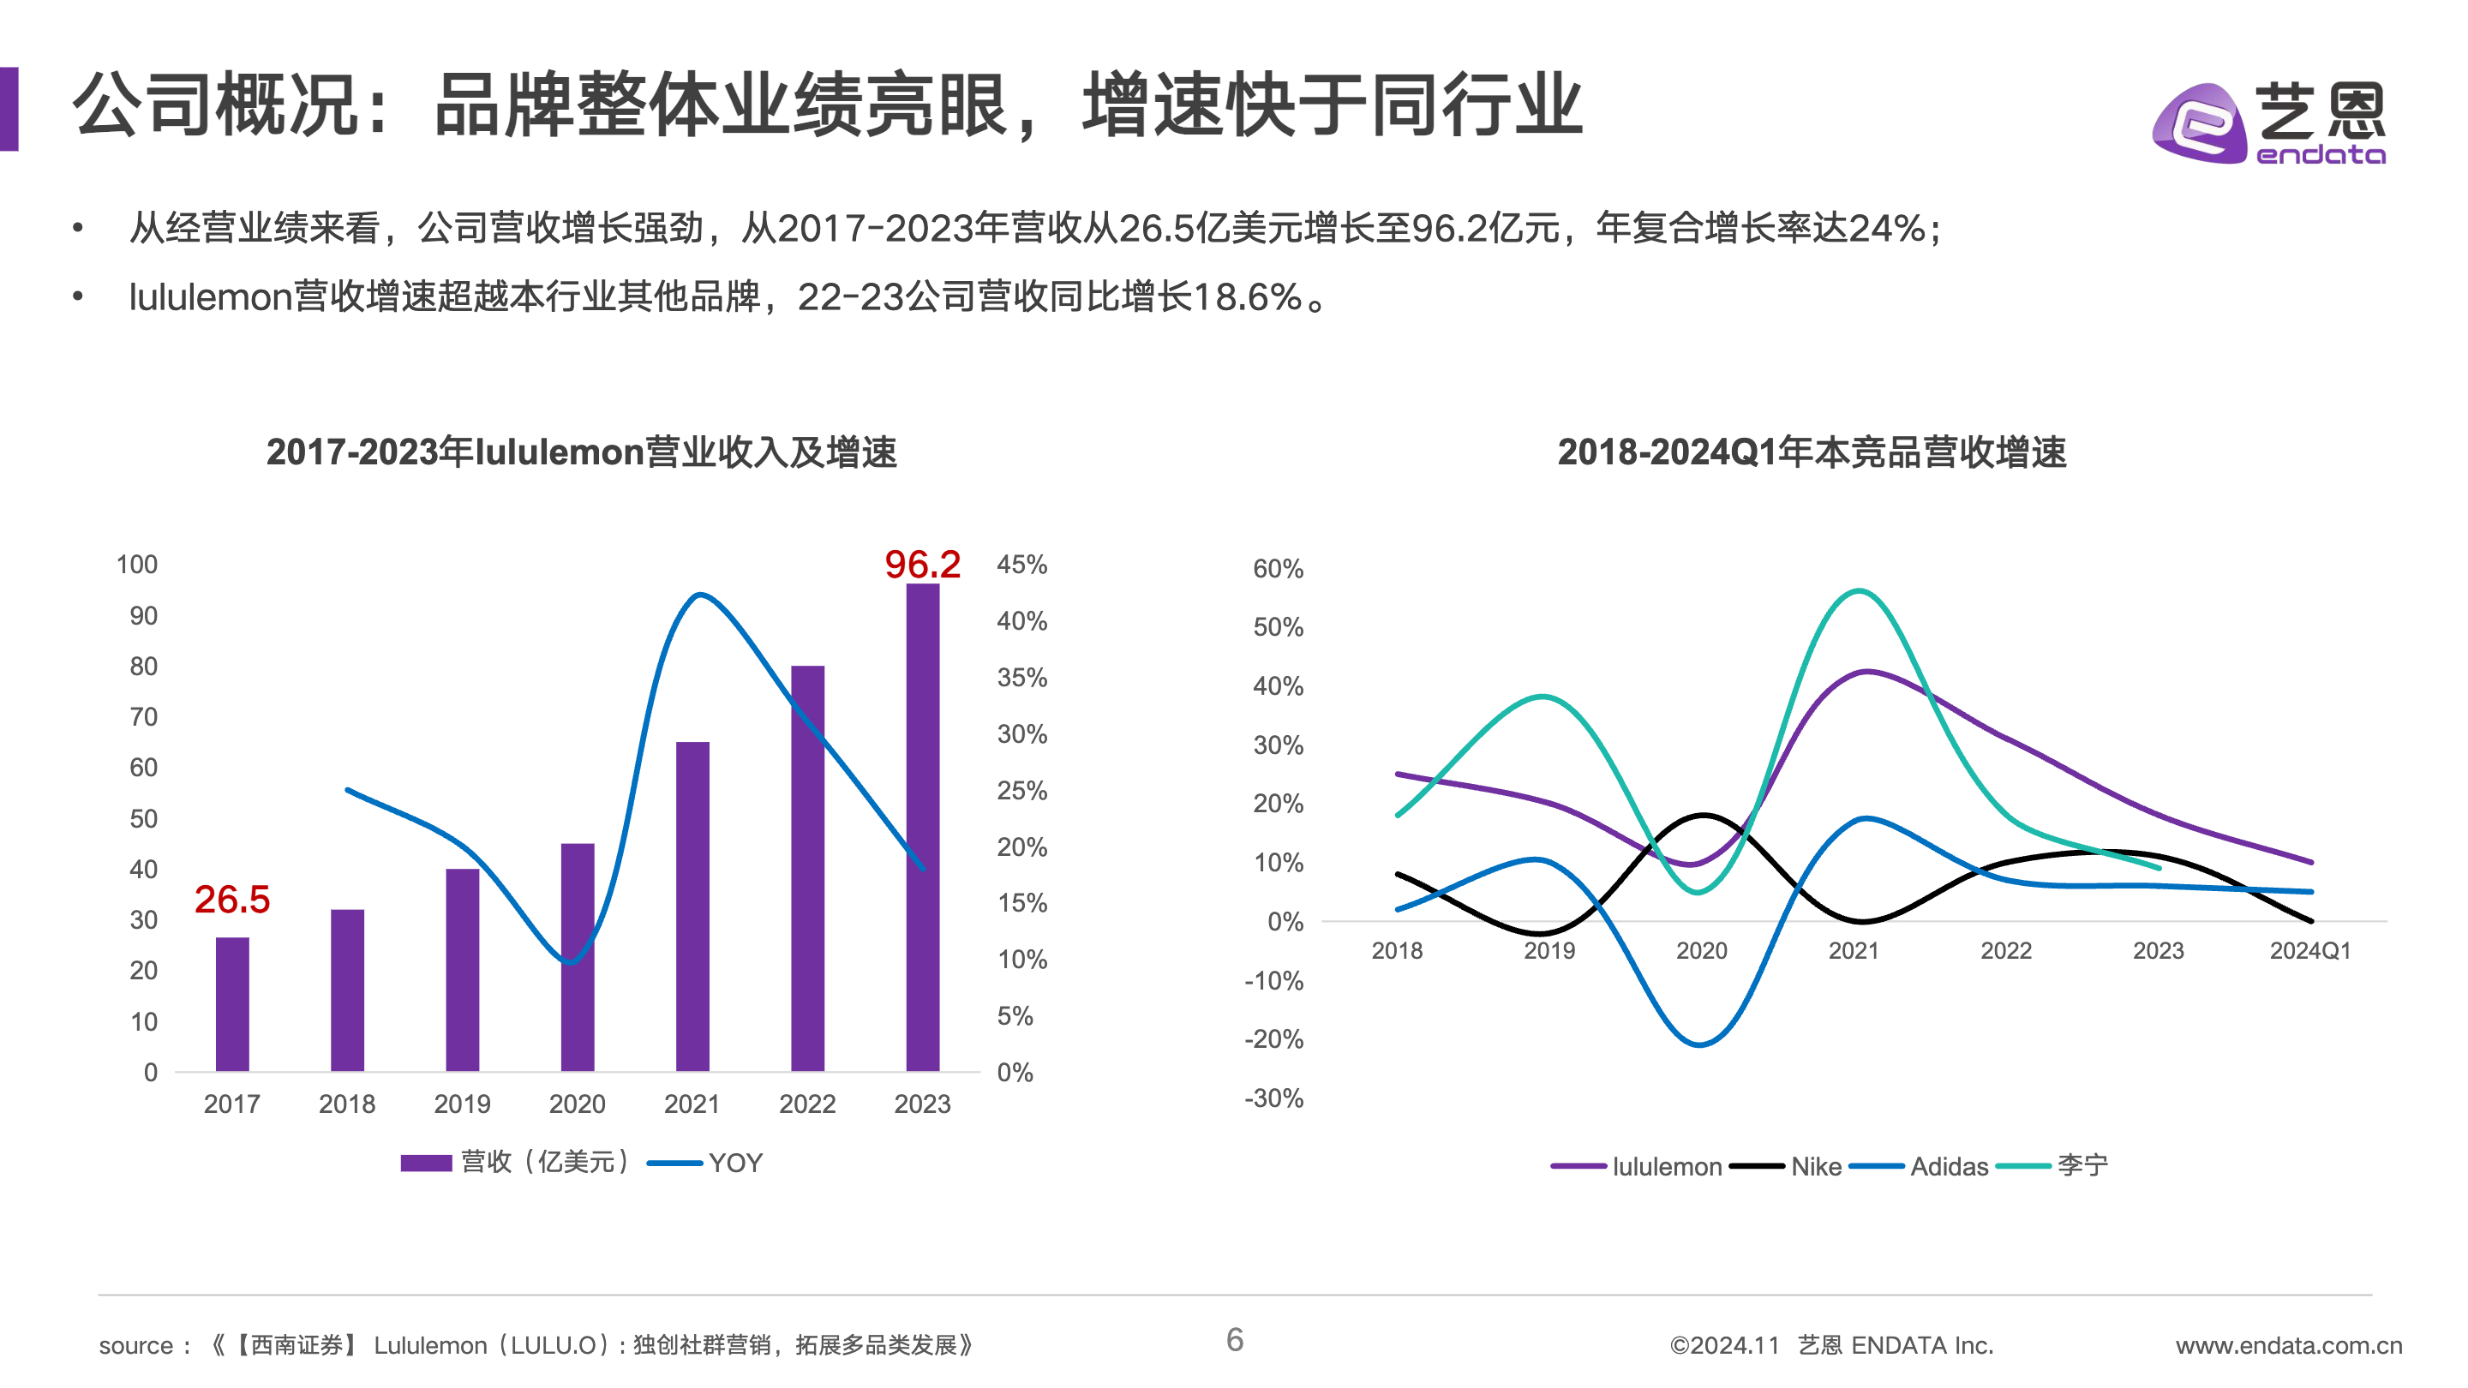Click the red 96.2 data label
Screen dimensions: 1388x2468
[x=922, y=565]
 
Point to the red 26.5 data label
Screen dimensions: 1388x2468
[x=232, y=899]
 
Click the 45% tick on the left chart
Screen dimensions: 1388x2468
[x=1021, y=565]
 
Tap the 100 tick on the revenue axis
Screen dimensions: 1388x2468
[x=137, y=565]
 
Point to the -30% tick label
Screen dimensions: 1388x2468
[x=1273, y=1098]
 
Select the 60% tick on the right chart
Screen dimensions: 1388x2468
[x=1277, y=569]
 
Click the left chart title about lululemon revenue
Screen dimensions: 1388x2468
[x=582, y=452]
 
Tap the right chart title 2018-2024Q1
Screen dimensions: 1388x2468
[x=1812, y=452]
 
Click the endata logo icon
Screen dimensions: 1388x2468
[x=2200, y=124]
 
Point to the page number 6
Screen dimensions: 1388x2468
[x=1234, y=1339]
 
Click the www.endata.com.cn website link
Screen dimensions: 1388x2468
[x=2288, y=1345]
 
